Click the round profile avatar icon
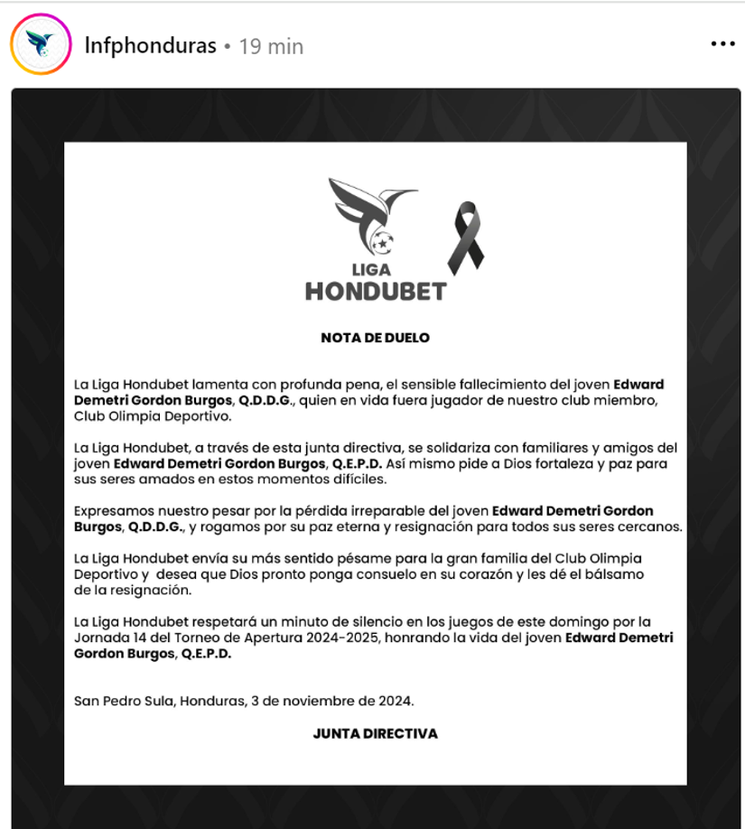click(x=41, y=44)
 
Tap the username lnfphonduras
click(x=150, y=45)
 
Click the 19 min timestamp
click(x=271, y=46)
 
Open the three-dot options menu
click(x=722, y=44)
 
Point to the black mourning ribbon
click(x=466, y=237)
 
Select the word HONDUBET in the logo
click(x=375, y=291)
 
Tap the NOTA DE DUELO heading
click(x=375, y=338)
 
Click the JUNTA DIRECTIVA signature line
click(x=375, y=733)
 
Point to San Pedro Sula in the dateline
click(x=116, y=700)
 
